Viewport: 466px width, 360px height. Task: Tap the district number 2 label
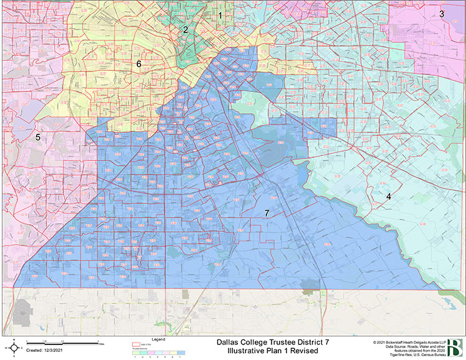point(185,29)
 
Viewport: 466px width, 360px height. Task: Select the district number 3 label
point(442,14)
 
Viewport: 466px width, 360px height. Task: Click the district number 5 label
point(38,137)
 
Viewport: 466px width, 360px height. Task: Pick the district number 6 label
point(139,64)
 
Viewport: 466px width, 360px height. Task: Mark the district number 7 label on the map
point(267,213)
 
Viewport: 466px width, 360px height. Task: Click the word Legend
point(158,339)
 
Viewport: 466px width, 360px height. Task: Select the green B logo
point(455,347)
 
